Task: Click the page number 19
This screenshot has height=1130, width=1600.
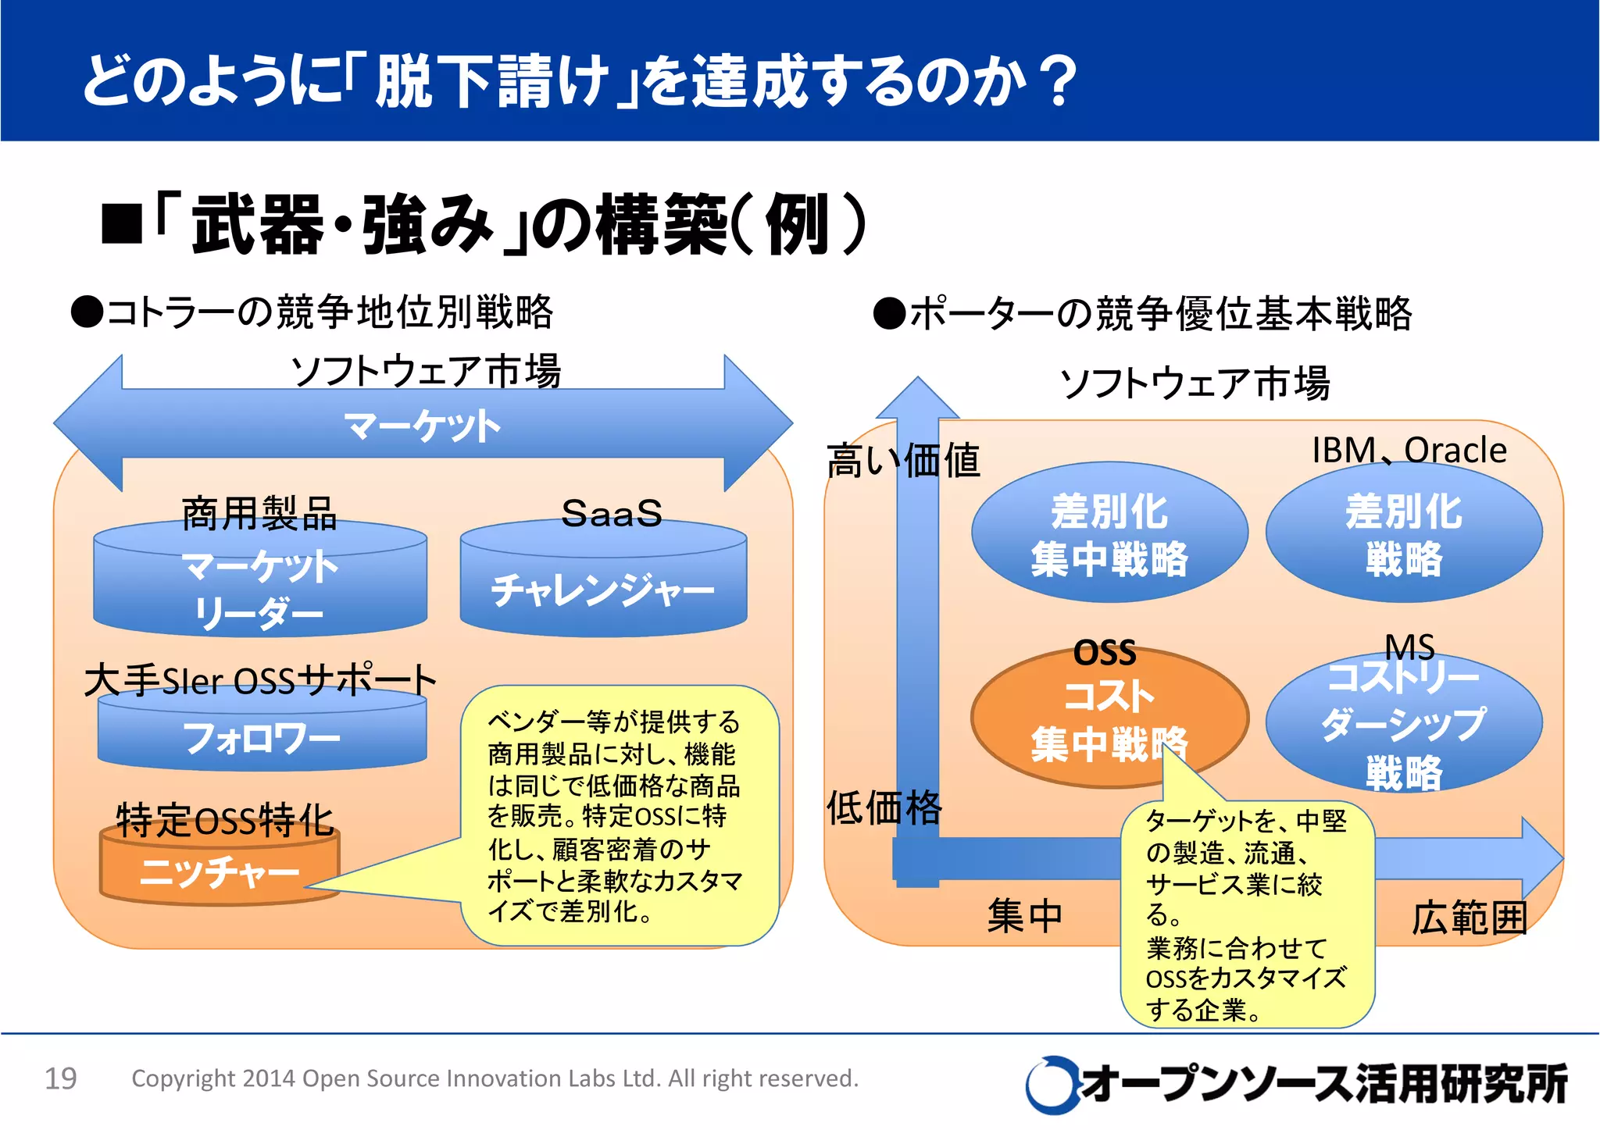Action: pyautogui.click(x=61, y=1078)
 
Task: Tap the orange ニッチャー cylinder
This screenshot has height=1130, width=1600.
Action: pyautogui.click(x=220, y=871)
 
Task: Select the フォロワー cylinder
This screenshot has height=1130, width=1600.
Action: pyautogui.click(x=262, y=736)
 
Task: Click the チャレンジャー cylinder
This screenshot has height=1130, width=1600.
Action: pyautogui.click(x=603, y=589)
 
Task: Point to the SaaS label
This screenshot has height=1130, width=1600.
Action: pyautogui.click(x=611, y=513)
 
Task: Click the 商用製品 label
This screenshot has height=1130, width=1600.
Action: pyautogui.click(x=259, y=513)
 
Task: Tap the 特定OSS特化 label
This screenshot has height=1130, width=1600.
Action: pyautogui.click(x=225, y=820)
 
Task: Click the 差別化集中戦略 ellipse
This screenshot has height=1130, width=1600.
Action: pyautogui.click(x=1109, y=534)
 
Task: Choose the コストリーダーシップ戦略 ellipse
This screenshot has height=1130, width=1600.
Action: pyautogui.click(x=1404, y=723)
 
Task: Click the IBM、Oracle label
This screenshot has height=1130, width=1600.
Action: pyautogui.click(x=1409, y=451)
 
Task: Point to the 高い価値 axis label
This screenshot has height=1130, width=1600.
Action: pyautogui.click(x=903, y=460)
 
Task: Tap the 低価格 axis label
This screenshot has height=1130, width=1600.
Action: pyautogui.click(x=884, y=807)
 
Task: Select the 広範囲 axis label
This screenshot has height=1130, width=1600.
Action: pyautogui.click(x=1469, y=917)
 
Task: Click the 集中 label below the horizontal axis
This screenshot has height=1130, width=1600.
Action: pyautogui.click(x=1025, y=915)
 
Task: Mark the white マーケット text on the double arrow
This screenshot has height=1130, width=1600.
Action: pyautogui.click(x=423, y=426)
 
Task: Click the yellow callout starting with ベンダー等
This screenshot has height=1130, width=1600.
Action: pyautogui.click(x=617, y=816)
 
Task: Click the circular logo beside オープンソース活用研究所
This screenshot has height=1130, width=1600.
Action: pyautogui.click(x=1049, y=1084)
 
